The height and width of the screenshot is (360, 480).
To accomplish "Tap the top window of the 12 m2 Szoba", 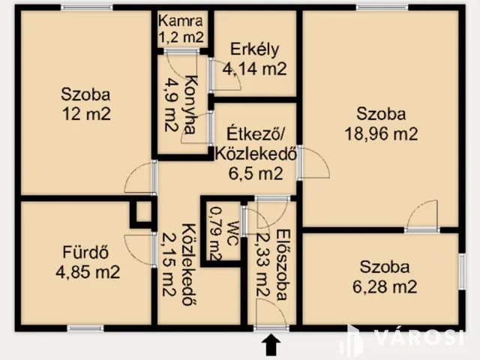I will point(82,7).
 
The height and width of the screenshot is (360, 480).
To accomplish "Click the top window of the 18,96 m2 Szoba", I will point(382,7).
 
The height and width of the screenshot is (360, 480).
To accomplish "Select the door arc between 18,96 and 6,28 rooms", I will point(422,215).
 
